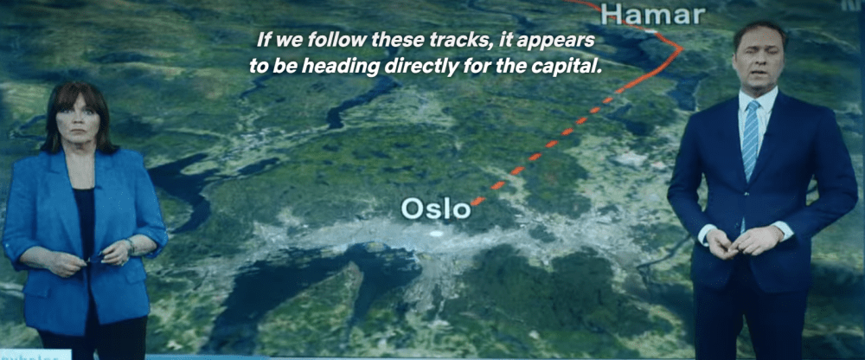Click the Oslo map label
[436, 209]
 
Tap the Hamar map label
[652, 15]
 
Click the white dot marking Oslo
[436, 234]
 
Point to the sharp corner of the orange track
[682, 48]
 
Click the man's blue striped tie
[750, 140]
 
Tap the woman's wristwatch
[131, 247]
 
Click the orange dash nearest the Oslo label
[477, 201]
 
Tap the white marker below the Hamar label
[651, 31]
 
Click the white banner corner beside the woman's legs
[35, 355]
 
